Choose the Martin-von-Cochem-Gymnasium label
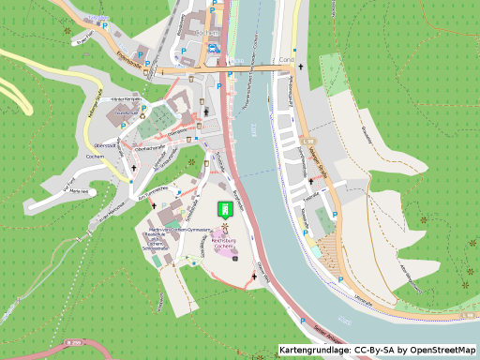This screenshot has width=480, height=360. pos(176,229)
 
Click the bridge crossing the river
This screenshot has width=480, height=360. pos(253,69)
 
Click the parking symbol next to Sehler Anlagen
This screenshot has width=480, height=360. pos(302,322)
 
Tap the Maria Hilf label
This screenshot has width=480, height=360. pos(78,190)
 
